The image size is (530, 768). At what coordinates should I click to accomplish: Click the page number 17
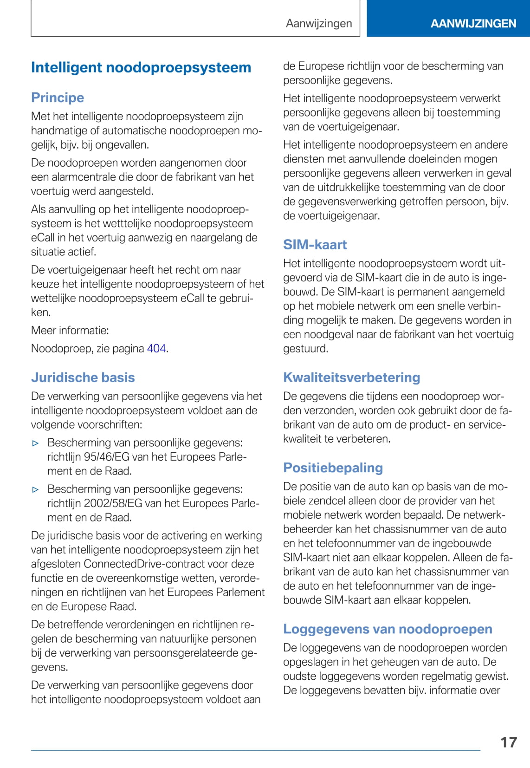point(508,742)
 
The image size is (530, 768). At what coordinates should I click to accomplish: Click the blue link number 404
point(156,348)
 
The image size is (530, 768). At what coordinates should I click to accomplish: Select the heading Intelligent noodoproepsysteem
point(141,67)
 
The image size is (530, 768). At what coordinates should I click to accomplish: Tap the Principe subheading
point(58,98)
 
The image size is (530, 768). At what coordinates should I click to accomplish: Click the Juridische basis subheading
point(83,377)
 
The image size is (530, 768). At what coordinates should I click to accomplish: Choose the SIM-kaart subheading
point(315,244)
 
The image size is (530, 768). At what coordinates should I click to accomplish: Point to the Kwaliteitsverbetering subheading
point(351,377)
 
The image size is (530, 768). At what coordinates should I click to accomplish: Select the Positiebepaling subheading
point(333,468)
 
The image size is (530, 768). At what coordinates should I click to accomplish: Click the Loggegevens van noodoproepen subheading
point(388,629)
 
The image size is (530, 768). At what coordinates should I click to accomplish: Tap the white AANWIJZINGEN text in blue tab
point(473,24)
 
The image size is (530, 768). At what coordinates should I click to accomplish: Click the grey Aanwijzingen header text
point(319,23)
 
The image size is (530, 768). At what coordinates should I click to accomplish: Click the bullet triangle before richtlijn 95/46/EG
point(36,443)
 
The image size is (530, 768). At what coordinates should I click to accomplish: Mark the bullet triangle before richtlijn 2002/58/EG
point(36,489)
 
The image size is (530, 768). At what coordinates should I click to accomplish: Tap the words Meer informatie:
point(70,330)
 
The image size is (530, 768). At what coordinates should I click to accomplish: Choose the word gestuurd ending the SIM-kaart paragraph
point(305,348)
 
